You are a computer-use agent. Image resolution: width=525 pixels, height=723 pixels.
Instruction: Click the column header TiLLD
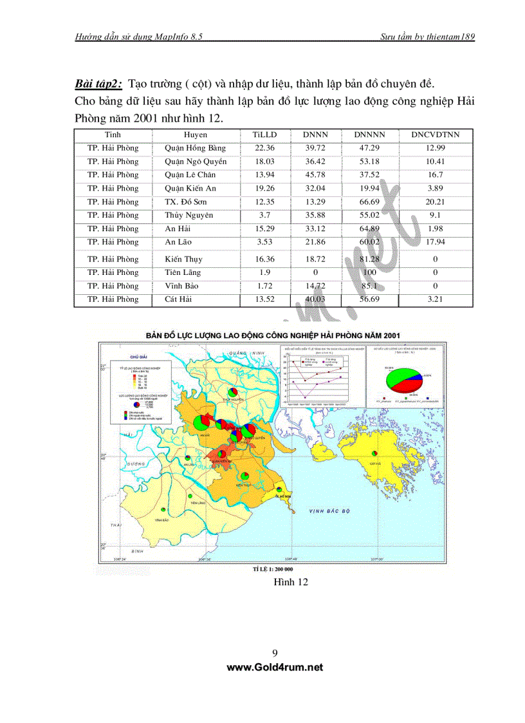click(264, 135)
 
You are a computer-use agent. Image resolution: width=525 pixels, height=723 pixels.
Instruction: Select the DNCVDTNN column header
click(436, 135)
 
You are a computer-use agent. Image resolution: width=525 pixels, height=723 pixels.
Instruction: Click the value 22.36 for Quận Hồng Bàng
click(264, 148)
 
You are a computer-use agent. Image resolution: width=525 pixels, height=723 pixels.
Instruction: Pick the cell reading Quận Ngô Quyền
click(196, 162)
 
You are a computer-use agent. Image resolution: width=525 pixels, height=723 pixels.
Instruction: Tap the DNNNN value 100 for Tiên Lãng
click(369, 272)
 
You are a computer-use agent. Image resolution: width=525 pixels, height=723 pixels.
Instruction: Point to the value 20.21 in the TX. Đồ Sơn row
click(436, 202)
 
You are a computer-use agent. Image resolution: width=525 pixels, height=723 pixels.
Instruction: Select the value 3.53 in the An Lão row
click(264, 242)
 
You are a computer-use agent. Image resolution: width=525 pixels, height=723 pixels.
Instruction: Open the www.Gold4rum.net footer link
click(275, 668)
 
